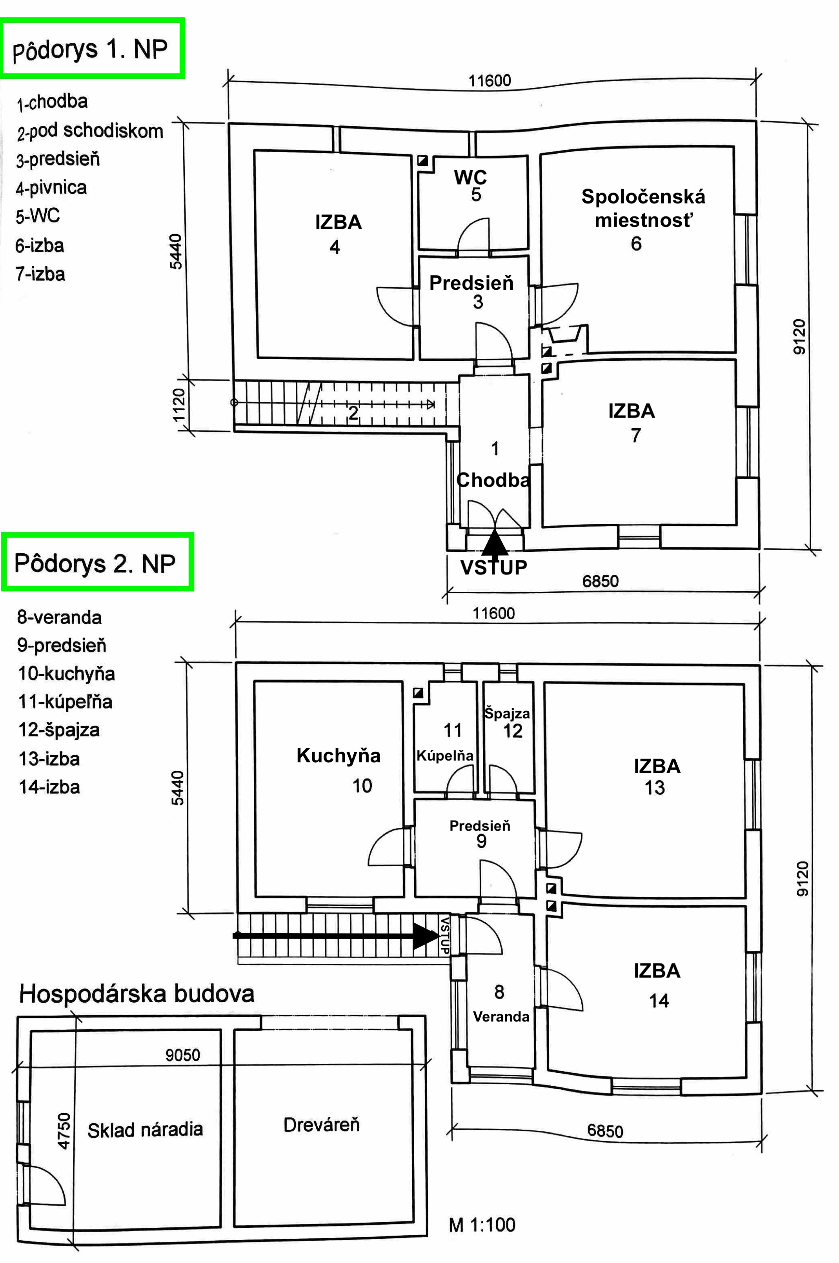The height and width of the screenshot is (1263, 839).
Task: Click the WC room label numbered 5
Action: (x=470, y=177)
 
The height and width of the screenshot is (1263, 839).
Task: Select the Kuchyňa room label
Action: (x=338, y=755)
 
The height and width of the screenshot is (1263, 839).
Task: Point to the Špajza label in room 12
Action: (x=507, y=713)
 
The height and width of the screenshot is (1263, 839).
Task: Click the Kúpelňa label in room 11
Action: (x=445, y=755)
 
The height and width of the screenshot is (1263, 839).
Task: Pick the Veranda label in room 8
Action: (x=501, y=1016)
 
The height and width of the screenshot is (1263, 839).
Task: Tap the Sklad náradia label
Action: (x=145, y=1129)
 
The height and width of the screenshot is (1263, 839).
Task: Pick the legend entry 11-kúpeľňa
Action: (x=65, y=702)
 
